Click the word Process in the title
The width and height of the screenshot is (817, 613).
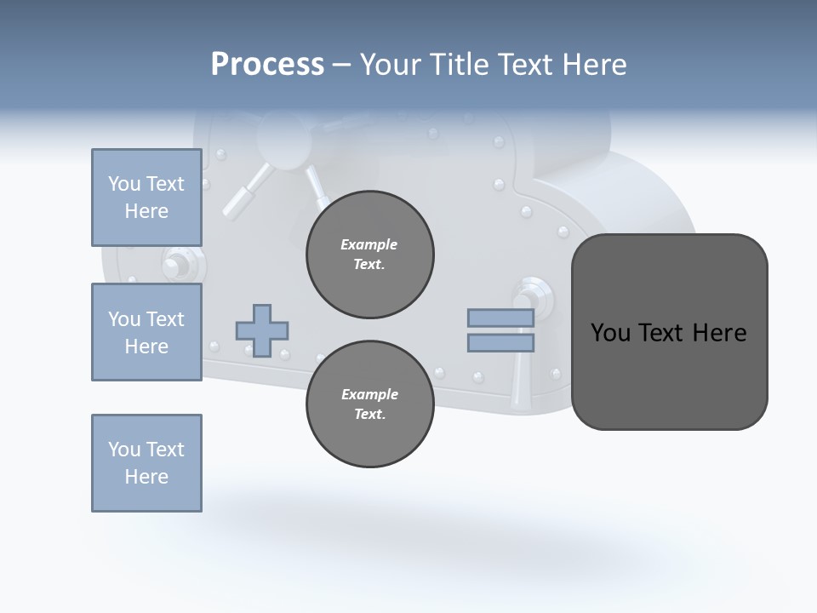click(x=267, y=65)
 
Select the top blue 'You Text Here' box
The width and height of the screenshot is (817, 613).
click(x=146, y=198)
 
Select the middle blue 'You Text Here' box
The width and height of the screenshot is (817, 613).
click(x=146, y=332)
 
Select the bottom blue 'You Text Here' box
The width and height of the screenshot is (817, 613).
click(x=146, y=463)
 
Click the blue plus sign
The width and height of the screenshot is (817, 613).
click(x=262, y=330)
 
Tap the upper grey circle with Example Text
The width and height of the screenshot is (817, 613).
click(x=369, y=255)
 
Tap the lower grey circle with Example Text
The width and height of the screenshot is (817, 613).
click(x=369, y=404)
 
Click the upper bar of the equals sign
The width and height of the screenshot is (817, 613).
click(x=500, y=318)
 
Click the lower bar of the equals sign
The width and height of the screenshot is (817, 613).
click(x=500, y=343)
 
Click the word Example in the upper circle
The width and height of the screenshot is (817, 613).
click(x=369, y=245)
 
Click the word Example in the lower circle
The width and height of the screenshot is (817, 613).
click(x=369, y=395)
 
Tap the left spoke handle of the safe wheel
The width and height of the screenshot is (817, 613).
click(x=243, y=192)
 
